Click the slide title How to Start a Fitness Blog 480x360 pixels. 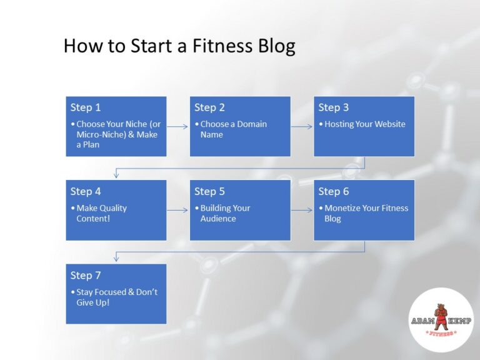(179, 46)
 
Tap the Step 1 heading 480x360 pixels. (86, 107)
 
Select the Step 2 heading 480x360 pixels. (209, 107)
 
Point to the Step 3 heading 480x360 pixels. (333, 107)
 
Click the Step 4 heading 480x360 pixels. (86, 191)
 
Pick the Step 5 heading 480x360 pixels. (209, 191)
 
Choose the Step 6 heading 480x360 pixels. (333, 191)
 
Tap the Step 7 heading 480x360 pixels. (86, 275)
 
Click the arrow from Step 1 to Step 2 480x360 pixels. (178, 126)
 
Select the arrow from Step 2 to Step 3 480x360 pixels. (302, 126)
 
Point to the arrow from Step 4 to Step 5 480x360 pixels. (178, 210)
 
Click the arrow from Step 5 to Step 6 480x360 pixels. (302, 210)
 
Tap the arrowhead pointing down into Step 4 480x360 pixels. (116, 175)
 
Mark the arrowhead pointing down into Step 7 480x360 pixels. (116, 259)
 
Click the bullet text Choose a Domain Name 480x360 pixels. (233, 129)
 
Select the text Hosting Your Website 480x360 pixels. (365, 124)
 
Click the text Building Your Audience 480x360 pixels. (225, 213)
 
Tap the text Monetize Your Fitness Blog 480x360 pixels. (366, 213)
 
